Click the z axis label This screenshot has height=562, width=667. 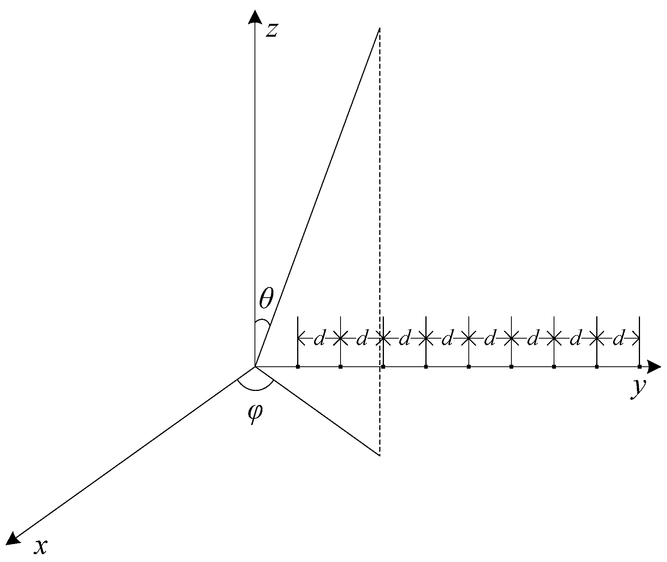pos(272,30)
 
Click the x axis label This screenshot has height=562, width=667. pos(41,547)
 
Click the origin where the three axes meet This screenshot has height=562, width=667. pos(255,367)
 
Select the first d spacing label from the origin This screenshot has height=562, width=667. pos(319,339)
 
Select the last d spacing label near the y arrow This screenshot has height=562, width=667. pos(618,339)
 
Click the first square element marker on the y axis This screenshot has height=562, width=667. pos(298,367)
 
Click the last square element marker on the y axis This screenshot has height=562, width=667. pos(639,367)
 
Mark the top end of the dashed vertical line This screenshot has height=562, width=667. pos(379,28)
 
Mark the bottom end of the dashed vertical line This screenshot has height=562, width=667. pos(379,455)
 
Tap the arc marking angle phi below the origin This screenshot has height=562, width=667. pos(255,389)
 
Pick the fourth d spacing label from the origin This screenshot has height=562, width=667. pos(447,339)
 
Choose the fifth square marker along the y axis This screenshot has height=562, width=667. pos(468,367)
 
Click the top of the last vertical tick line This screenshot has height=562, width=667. pos(639,317)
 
